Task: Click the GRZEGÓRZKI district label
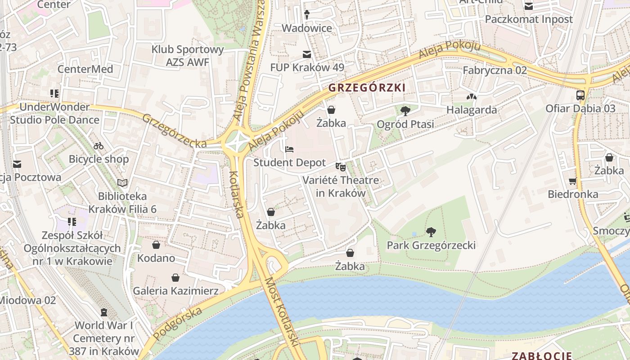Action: [367, 87]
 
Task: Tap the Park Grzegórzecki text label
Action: [431, 245]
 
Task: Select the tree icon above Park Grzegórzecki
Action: [431, 232]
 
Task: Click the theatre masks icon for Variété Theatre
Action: [341, 167]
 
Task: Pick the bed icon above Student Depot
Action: [289, 149]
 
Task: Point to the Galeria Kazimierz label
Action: [175, 291]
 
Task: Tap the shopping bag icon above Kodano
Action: [156, 245]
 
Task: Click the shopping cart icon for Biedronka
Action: [572, 181]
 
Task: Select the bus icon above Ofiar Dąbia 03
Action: [580, 95]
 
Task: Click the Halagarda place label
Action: [472, 110]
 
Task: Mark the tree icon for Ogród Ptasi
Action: [405, 110]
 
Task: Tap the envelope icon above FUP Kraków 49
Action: [307, 54]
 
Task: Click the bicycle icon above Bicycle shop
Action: [99, 146]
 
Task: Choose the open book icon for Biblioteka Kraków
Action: [122, 183]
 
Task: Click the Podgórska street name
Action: [177, 318]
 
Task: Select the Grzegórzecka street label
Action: [174, 131]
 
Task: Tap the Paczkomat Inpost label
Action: [529, 19]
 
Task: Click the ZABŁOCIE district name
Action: [542, 355]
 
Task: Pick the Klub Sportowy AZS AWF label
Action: [188, 56]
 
